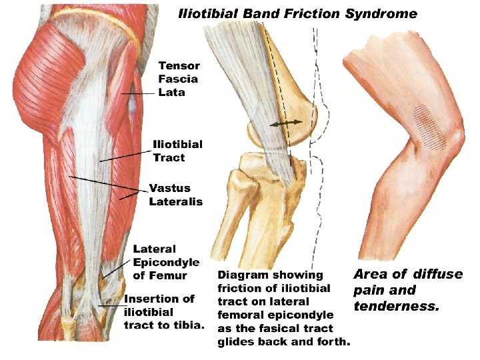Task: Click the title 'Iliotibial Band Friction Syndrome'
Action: click(x=297, y=13)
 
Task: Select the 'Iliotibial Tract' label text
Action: click(x=177, y=151)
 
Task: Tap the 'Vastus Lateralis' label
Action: click(x=176, y=195)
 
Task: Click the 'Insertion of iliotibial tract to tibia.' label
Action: click(x=164, y=311)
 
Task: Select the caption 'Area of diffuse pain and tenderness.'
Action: click(x=407, y=290)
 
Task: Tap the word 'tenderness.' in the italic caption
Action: click(x=396, y=307)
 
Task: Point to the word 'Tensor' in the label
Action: click(x=179, y=65)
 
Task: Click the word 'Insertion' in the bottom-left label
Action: click(x=150, y=299)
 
